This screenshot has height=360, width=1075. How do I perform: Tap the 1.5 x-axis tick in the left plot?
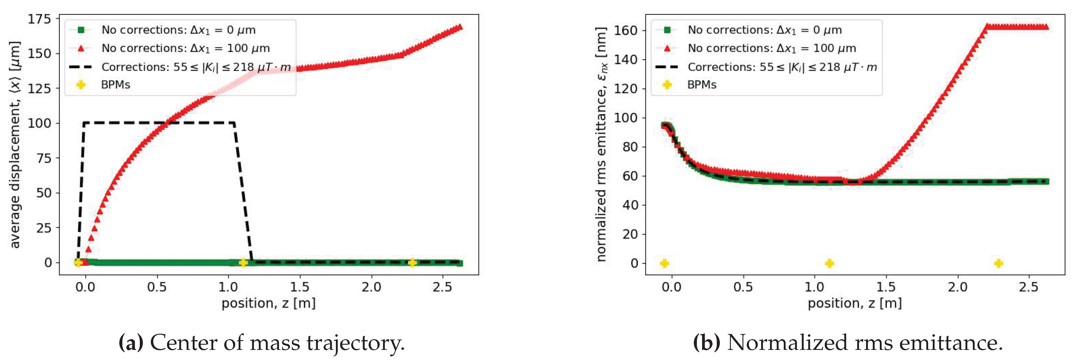click(x=299, y=287)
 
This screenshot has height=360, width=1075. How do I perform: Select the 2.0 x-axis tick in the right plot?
click(x=957, y=287)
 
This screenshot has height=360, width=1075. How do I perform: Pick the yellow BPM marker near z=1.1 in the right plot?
click(x=830, y=263)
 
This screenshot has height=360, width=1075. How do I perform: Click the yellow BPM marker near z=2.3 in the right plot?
click(x=999, y=263)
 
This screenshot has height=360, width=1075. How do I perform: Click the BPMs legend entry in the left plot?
click(x=115, y=85)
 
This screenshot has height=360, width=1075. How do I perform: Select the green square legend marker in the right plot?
click(x=667, y=30)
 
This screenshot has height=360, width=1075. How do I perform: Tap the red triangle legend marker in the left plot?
click(x=81, y=48)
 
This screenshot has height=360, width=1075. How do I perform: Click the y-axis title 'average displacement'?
click(x=15, y=145)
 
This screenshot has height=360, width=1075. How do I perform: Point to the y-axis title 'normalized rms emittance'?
click(x=601, y=145)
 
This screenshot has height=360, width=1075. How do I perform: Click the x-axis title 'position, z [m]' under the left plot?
click(x=268, y=303)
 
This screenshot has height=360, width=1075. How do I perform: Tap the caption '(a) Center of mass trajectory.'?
click(x=262, y=343)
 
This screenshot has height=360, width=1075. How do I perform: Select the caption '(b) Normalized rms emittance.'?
click(x=848, y=343)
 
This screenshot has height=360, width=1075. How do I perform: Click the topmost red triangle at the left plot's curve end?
click(x=460, y=27)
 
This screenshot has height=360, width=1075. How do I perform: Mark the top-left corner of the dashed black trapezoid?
click(x=84, y=123)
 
